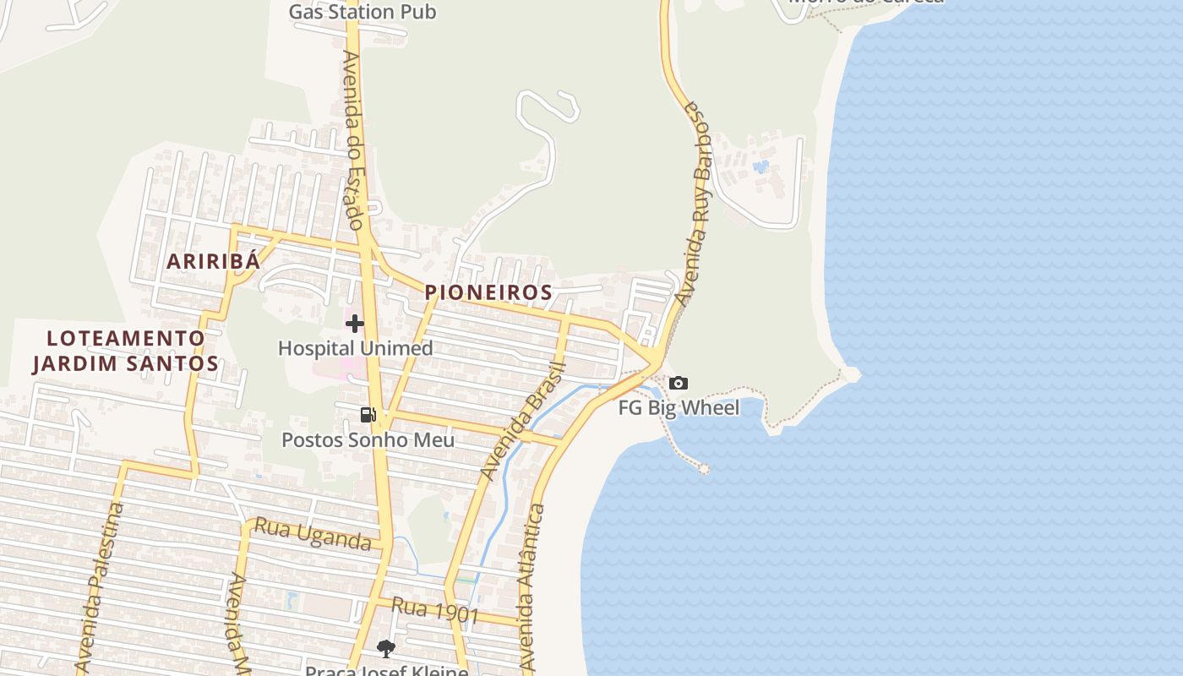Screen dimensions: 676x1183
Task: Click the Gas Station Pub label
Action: [363, 12]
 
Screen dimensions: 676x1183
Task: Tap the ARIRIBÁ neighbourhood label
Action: [213, 261]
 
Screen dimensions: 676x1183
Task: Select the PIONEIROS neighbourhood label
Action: [488, 292]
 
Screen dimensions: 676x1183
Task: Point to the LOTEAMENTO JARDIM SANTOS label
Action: [126, 351]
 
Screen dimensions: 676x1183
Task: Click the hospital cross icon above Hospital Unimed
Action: [355, 323]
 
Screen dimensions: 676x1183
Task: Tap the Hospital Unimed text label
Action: [355, 348]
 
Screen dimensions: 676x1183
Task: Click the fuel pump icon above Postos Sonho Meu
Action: [368, 415]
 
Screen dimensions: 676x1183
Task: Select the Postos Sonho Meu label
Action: [368, 440]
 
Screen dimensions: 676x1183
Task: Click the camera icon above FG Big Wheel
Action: [678, 384]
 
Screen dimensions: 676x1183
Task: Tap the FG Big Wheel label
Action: [679, 408]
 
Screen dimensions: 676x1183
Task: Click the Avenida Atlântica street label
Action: [531, 588]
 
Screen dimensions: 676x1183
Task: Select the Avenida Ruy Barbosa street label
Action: [699, 203]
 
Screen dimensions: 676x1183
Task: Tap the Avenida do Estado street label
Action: [353, 140]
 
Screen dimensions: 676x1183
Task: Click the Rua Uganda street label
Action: [313, 534]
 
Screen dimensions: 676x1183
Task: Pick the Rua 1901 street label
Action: [436, 611]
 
